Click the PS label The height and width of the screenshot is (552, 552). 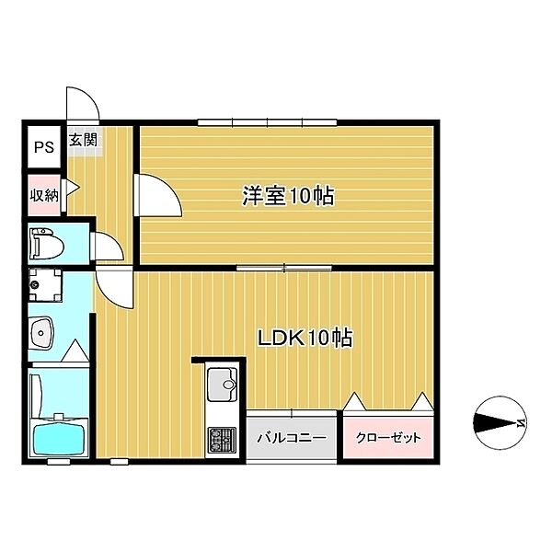click(x=44, y=147)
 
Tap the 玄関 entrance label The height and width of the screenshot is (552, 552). click(x=83, y=140)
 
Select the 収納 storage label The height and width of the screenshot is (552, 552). click(x=44, y=195)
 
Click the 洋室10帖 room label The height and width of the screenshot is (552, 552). click(x=288, y=195)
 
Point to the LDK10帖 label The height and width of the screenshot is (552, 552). click(x=305, y=338)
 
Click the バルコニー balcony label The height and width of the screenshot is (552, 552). click(x=292, y=438)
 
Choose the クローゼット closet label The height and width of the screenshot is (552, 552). click(x=388, y=438)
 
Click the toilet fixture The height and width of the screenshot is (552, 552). click(x=47, y=243)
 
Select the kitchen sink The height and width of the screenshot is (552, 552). click(x=222, y=385)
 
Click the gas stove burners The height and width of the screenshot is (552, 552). click(x=222, y=440)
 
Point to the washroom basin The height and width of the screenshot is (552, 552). click(x=41, y=333)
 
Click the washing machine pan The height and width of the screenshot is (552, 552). click(x=45, y=285)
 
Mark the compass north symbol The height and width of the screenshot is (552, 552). click(x=500, y=423)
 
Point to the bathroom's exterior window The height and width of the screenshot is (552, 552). click(x=56, y=462)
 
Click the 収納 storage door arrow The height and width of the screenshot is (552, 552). click(x=73, y=188)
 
